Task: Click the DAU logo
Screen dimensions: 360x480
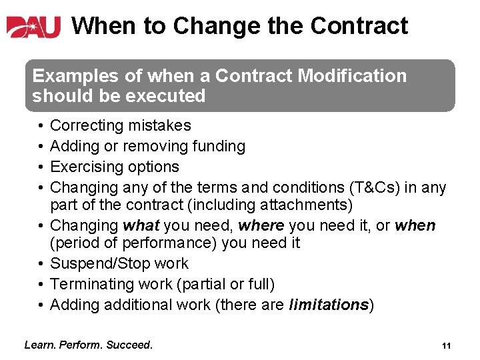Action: [x=33, y=27]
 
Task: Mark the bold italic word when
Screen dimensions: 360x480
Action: [x=415, y=225]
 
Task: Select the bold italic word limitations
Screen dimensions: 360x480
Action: [x=329, y=305]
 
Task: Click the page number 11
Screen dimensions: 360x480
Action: [x=447, y=345]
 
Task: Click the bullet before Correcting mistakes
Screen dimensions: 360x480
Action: [x=41, y=125]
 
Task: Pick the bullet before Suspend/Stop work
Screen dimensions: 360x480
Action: [x=41, y=263]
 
